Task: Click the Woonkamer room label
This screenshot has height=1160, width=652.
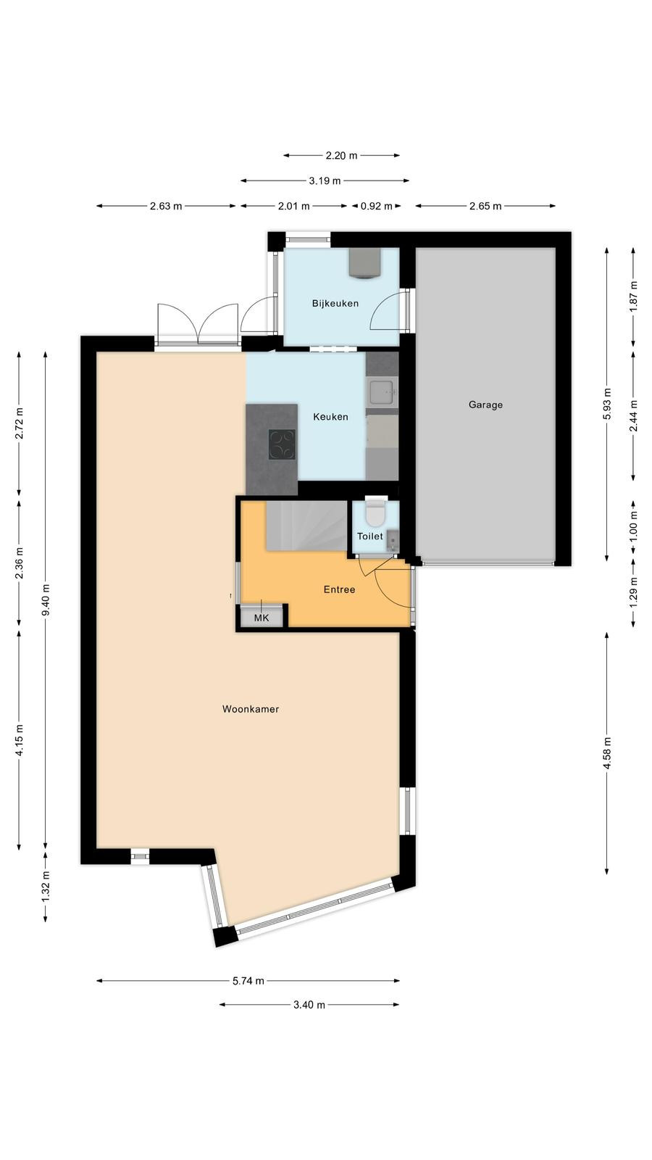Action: pyautogui.click(x=251, y=709)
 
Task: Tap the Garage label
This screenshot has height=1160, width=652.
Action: pyautogui.click(x=485, y=405)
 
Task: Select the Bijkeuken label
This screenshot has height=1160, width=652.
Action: pyautogui.click(x=335, y=304)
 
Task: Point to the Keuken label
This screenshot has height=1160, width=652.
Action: pyautogui.click(x=330, y=417)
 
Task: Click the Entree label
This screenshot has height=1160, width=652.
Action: pyautogui.click(x=339, y=589)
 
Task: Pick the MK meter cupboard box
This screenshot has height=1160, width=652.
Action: pyautogui.click(x=262, y=617)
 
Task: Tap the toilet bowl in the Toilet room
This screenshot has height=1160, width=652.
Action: pyautogui.click(x=375, y=512)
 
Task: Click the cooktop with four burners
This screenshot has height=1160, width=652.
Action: pyautogui.click(x=282, y=445)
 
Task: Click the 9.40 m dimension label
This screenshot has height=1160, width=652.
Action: pyautogui.click(x=46, y=600)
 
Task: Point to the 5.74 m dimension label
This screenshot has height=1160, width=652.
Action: pyautogui.click(x=248, y=981)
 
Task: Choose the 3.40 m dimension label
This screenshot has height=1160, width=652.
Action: pyautogui.click(x=309, y=1005)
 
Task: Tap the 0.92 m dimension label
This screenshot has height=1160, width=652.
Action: pyautogui.click(x=376, y=206)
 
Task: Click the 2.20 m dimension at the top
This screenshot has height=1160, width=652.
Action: pyautogui.click(x=341, y=155)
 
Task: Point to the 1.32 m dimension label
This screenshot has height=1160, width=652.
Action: pyautogui.click(x=46, y=886)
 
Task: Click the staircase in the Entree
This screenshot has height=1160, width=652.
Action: pyautogui.click(x=306, y=526)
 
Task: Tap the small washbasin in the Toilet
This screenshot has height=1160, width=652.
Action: pyautogui.click(x=393, y=541)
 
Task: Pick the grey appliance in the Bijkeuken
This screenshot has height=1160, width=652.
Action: pyautogui.click(x=365, y=262)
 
